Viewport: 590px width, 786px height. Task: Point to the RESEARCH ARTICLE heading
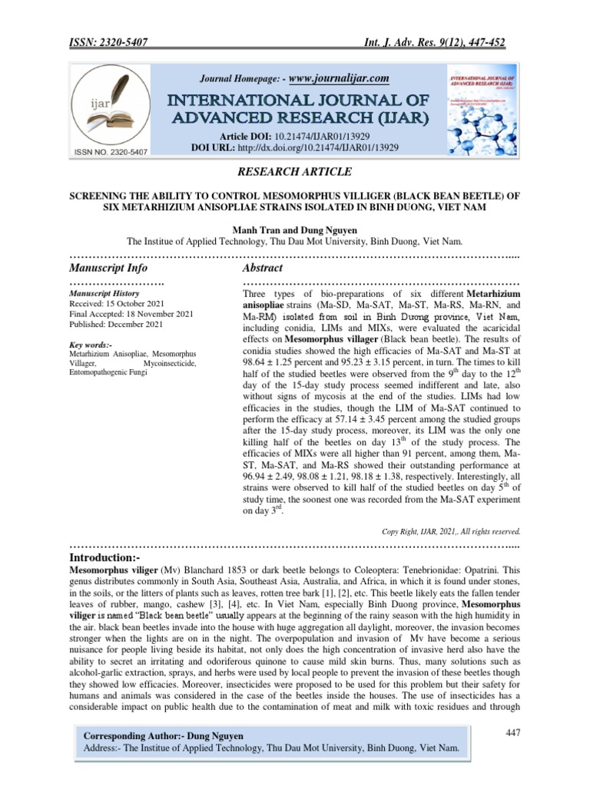pyautogui.click(x=295, y=172)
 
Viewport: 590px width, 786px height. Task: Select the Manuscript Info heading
pyautogui.click(x=108, y=268)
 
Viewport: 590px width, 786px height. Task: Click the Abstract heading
pyautogui.click(x=263, y=268)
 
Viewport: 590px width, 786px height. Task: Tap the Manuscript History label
pyautogui.click(x=104, y=293)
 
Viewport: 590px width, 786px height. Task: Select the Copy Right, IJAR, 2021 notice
pyautogui.click(x=451, y=530)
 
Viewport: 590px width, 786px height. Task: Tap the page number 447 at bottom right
pyautogui.click(x=513, y=733)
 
